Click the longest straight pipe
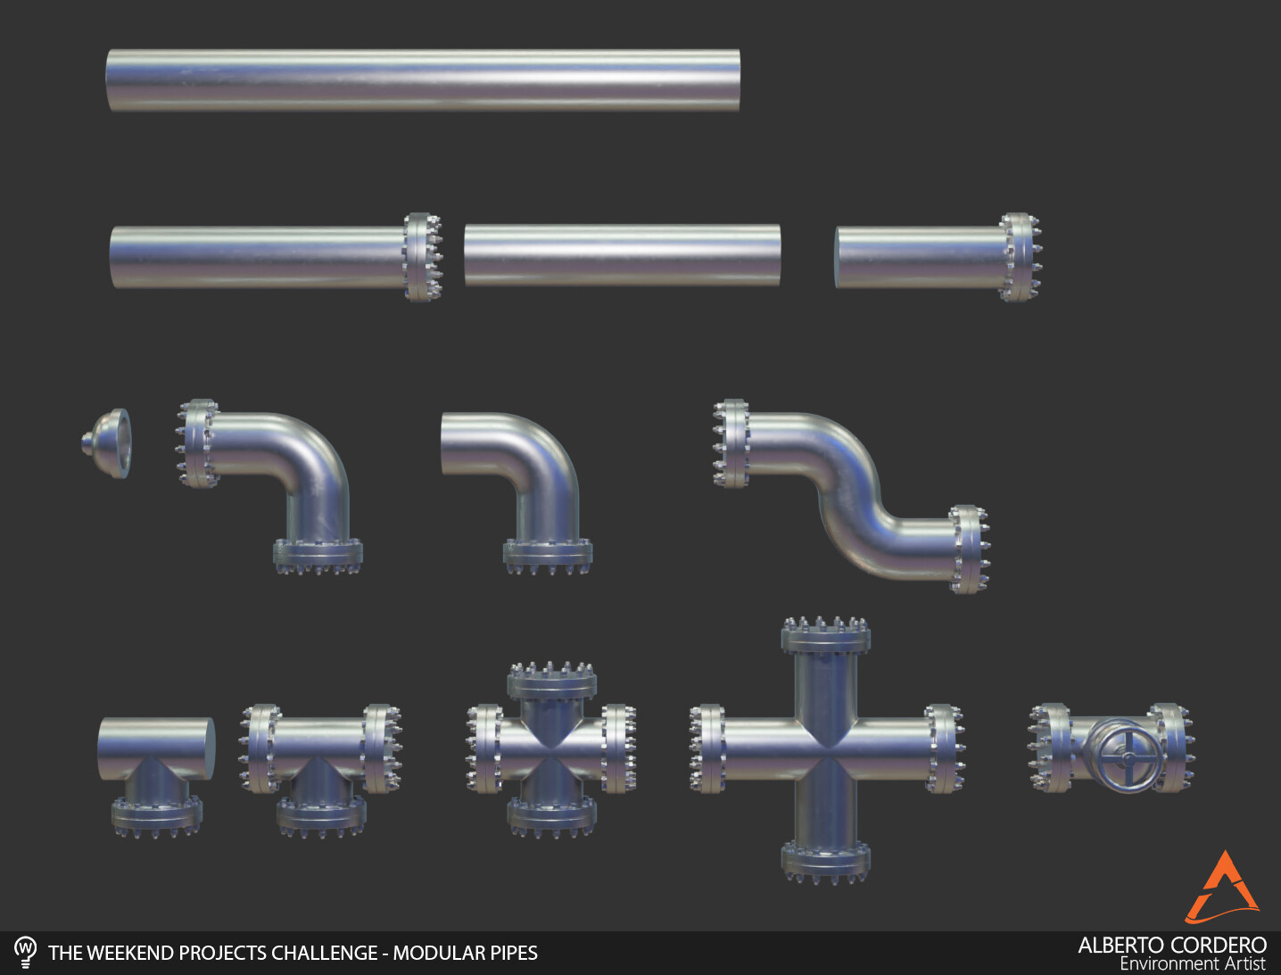click(423, 80)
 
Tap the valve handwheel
click(1128, 756)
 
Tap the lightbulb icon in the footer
click(26, 951)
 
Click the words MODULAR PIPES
click(465, 953)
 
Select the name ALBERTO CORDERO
click(1171, 945)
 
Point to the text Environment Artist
click(1192, 964)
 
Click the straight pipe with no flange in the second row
click(622, 255)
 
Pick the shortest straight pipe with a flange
click(937, 257)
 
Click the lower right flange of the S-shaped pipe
click(969, 549)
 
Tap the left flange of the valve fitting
click(1051, 748)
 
